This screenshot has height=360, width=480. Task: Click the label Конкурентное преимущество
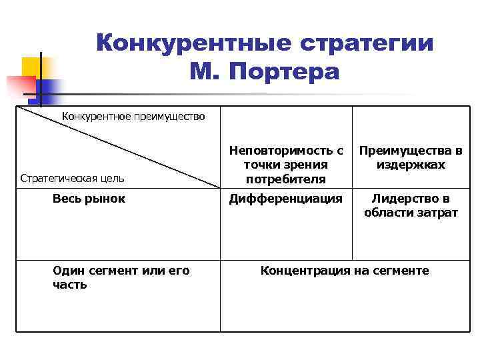(133, 117)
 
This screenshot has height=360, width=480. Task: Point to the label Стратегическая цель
(72, 178)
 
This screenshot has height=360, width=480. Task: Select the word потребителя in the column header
(286, 179)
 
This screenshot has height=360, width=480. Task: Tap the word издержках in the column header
(411, 165)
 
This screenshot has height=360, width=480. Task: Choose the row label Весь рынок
(89, 198)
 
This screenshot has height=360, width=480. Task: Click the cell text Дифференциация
(286, 198)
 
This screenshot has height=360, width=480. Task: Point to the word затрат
(437, 213)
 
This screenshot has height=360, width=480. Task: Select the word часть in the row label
(69, 285)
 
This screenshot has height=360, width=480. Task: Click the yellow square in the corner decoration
(31, 67)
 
